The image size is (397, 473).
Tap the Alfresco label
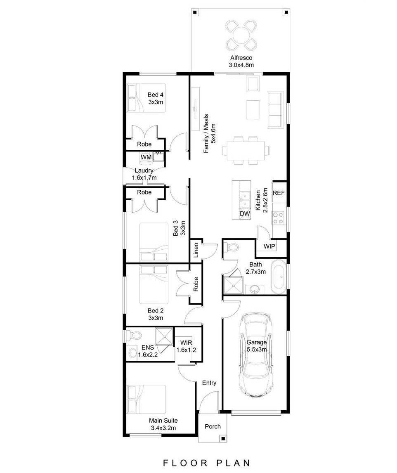tap(241, 58)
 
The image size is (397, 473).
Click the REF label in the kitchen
tap(279, 193)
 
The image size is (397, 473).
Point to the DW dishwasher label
tap(244, 214)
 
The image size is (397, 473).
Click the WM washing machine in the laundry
tap(146, 157)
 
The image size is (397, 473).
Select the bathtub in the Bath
tap(279, 277)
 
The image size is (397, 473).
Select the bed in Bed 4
tap(147, 98)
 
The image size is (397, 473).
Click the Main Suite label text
tap(163, 421)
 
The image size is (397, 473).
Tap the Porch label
tap(213, 426)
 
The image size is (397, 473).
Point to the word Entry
tap(209, 383)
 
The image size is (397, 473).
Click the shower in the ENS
tap(163, 336)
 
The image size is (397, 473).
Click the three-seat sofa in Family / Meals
tap(275, 109)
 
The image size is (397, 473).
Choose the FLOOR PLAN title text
tap(206, 463)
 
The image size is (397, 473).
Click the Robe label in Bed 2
tap(196, 284)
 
